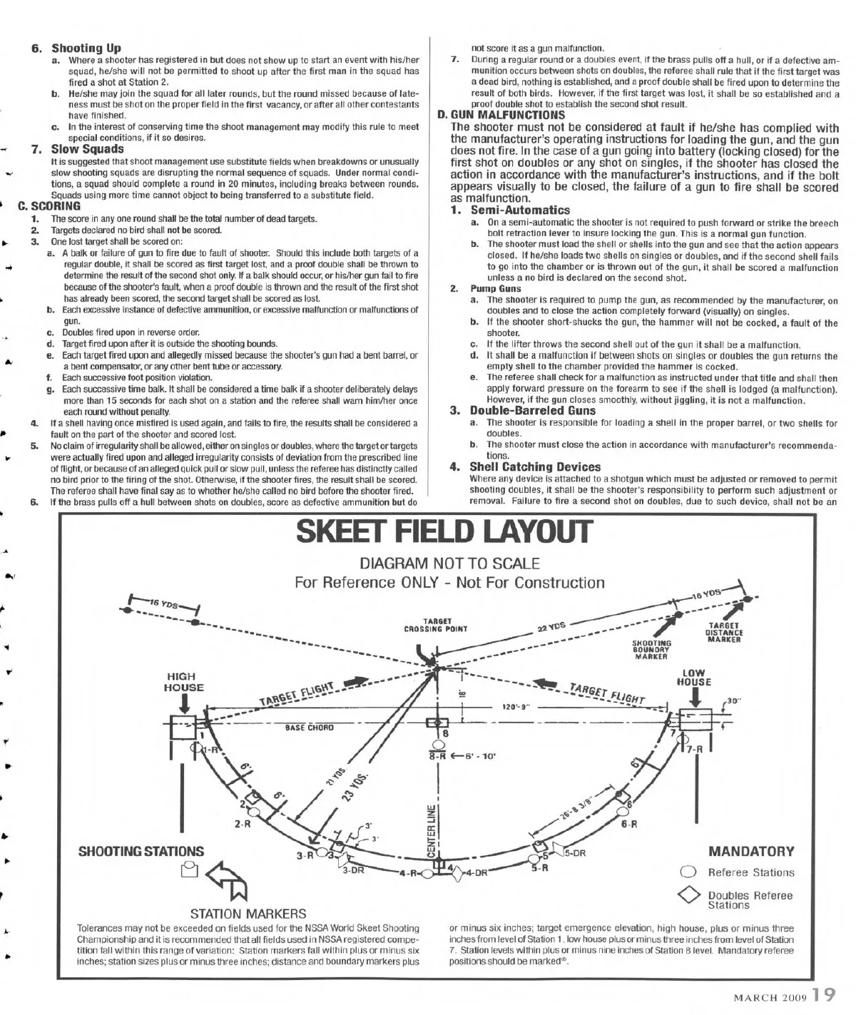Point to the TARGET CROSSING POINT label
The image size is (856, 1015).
click(x=435, y=626)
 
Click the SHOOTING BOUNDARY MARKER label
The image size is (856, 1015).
click(x=651, y=649)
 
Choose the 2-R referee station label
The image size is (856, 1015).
click(x=243, y=824)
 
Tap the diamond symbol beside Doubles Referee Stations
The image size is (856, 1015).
click(x=688, y=896)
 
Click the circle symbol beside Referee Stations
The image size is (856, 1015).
click(x=688, y=872)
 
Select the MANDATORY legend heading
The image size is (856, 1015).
click(x=750, y=851)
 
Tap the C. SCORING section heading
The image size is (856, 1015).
click(x=49, y=206)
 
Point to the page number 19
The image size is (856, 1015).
click(x=823, y=994)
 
